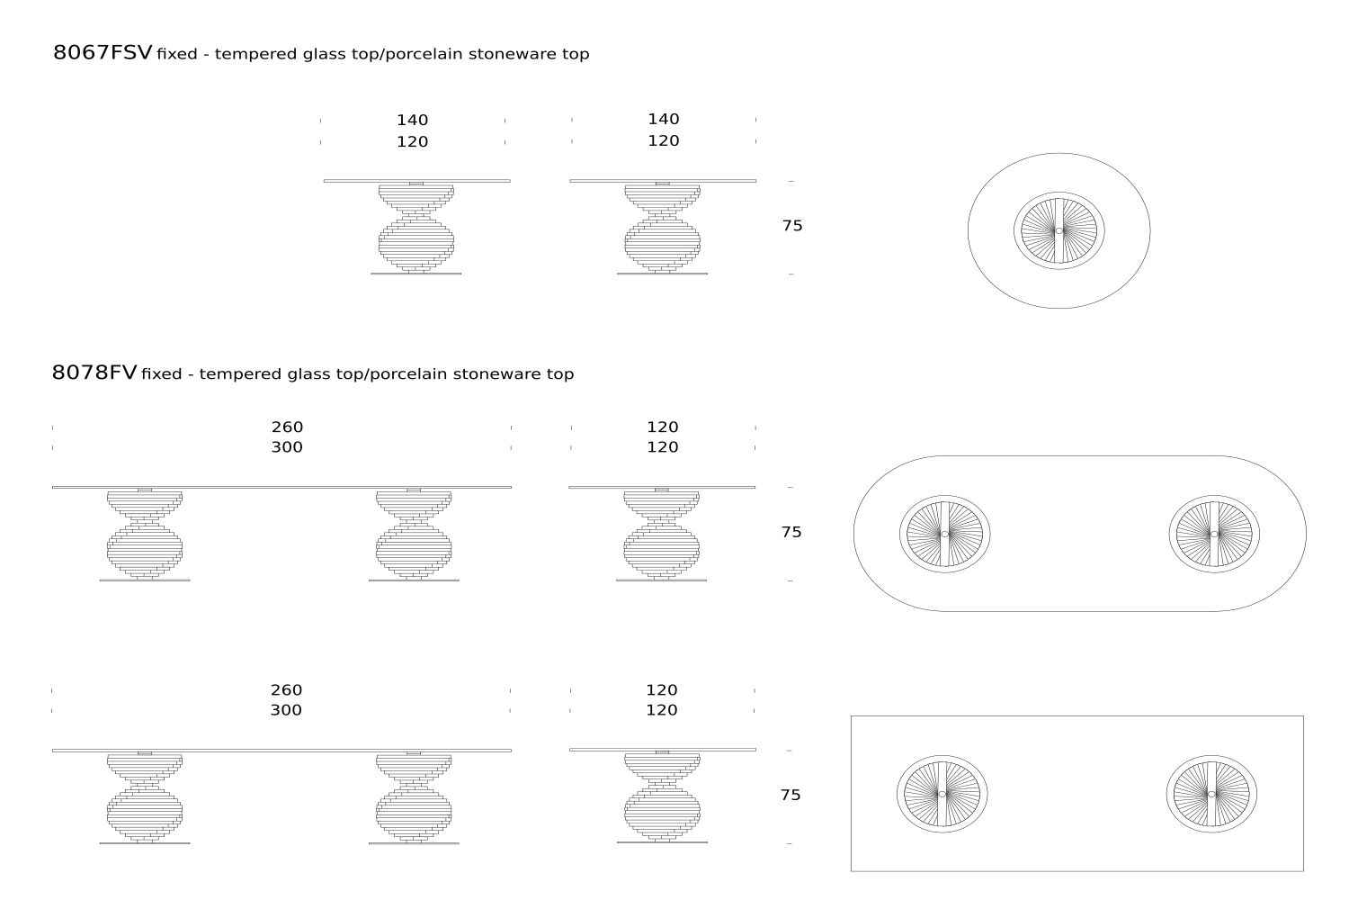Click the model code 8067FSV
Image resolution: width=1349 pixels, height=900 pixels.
[x=103, y=52]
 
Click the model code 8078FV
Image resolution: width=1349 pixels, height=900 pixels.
[x=94, y=373]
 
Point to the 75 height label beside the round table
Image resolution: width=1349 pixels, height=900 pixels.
[x=792, y=226]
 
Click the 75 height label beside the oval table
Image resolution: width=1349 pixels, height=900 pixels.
[x=791, y=532]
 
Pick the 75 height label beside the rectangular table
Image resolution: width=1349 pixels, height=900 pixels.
[x=791, y=795]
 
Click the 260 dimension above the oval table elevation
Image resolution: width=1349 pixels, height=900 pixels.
[x=287, y=427]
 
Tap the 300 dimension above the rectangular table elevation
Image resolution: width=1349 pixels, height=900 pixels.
[x=286, y=709]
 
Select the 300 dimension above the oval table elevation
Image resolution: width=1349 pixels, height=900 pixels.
[x=287, y=446]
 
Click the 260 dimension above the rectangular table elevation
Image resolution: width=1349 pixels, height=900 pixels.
[x=286, y=689]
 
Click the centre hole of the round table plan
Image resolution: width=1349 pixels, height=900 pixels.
[x=1059, y=231]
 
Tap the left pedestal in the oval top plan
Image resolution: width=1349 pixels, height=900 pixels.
[x=945, y=534]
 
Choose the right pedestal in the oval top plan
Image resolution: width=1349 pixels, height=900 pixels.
[x=1214, y=534]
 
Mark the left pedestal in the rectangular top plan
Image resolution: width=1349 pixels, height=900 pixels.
[x=942, y=794]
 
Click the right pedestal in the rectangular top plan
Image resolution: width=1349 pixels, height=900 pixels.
[x=1211, y=794]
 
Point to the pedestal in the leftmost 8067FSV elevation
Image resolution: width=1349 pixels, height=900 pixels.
[x=416, y=229]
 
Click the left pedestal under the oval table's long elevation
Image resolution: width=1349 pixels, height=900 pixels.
[x=145, y=535]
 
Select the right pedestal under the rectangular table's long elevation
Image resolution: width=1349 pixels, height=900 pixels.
[x=414, y=797]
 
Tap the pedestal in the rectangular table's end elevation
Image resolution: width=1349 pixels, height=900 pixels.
[x=662, y=796]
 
